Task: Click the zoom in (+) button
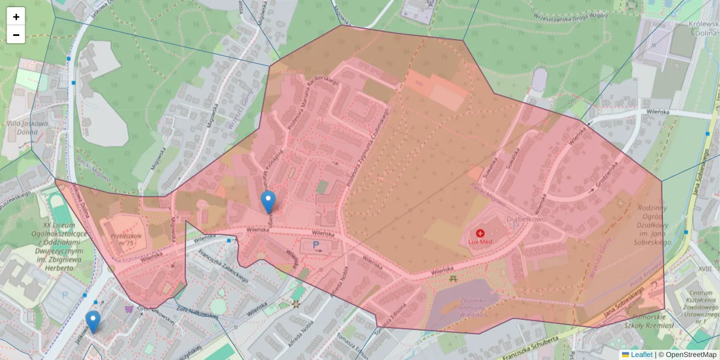pos(16,16)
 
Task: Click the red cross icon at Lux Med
pos(480,233)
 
